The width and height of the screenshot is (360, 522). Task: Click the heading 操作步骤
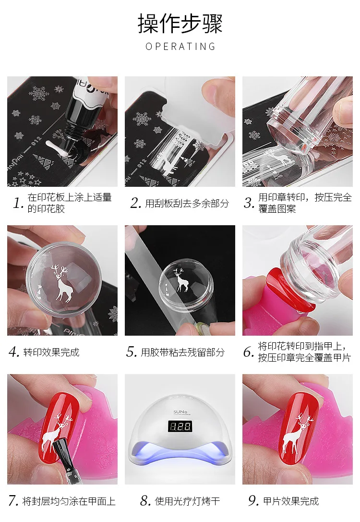180,24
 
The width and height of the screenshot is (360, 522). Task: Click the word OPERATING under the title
180,46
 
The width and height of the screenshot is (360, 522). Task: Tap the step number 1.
18,203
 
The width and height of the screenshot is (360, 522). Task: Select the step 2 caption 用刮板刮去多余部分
187,203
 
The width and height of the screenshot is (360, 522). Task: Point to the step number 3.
249,203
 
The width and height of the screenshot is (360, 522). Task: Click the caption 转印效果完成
51,352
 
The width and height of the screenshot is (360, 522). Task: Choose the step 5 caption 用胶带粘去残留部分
183,352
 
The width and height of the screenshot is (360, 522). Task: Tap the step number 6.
249,352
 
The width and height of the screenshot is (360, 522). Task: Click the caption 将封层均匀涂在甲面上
69,501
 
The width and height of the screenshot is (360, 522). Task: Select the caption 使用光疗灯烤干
187,501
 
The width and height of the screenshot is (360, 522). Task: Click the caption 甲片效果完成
291,501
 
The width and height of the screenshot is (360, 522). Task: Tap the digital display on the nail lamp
180,426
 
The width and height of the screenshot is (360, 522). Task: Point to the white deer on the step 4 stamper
62,283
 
